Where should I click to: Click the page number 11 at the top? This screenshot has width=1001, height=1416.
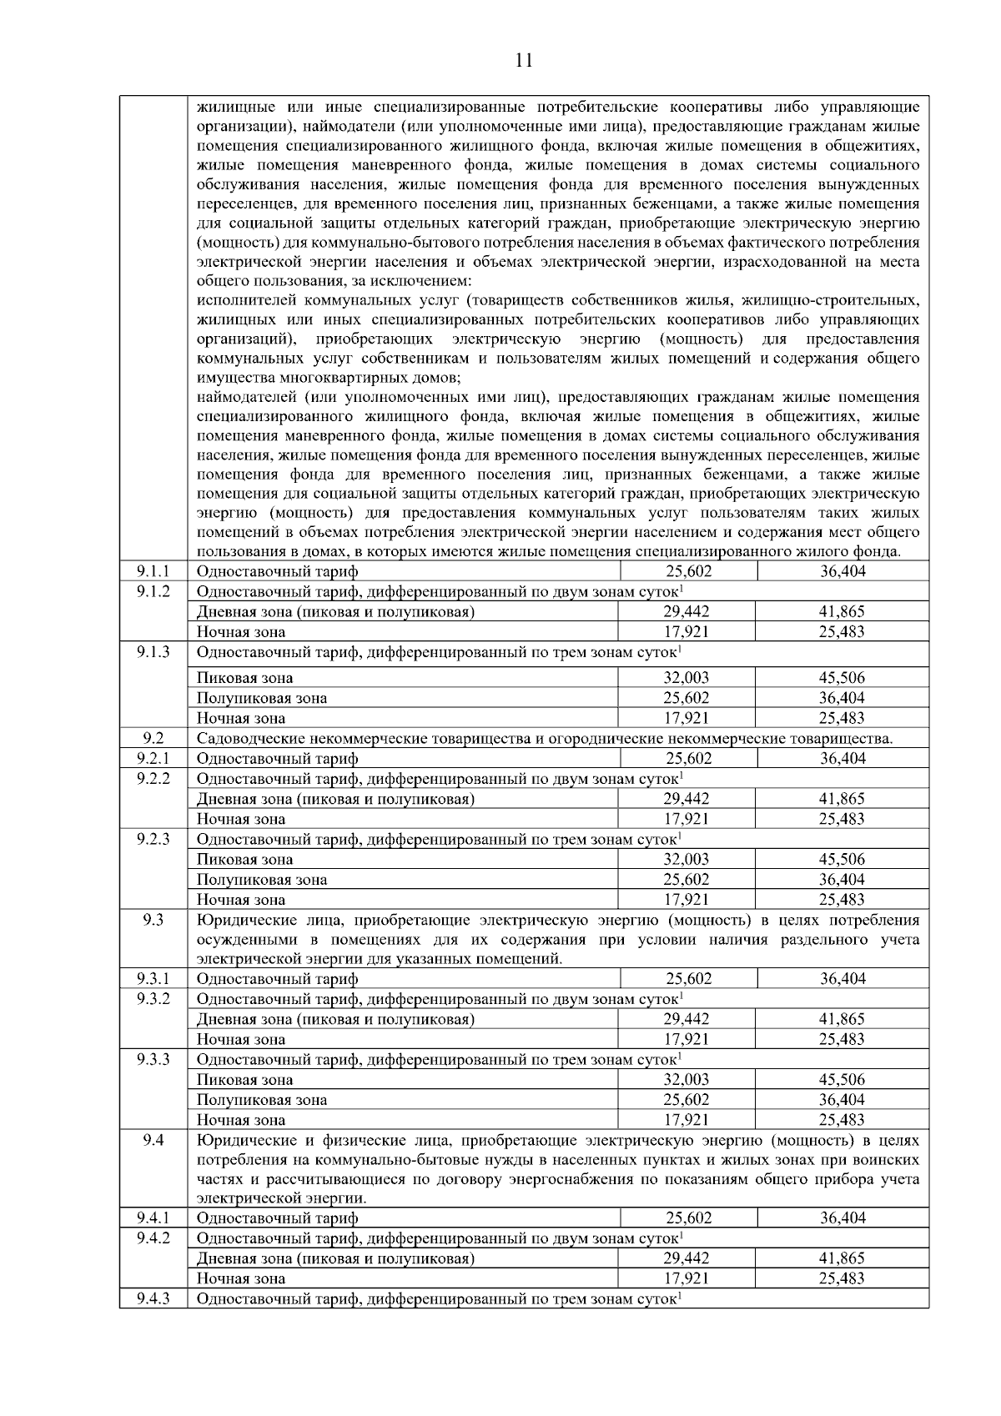click(524, 60)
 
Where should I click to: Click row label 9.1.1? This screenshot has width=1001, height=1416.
click(153, 571)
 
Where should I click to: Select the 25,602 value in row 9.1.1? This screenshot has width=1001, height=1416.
click(688, 571)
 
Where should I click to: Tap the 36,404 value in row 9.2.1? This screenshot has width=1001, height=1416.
click(843, 758)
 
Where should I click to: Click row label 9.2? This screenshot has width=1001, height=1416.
click(153, 737)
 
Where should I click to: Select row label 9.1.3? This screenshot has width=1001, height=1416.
click(153, 651)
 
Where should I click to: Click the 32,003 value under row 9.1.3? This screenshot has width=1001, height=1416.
click(686, 678)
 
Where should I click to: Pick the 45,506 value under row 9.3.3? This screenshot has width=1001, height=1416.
click(842, 1080)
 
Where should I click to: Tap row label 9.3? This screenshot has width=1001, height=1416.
click(153, 921)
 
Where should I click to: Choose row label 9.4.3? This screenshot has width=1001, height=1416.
click(153, 1298)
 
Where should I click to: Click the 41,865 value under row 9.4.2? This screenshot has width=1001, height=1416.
click(842, 1258)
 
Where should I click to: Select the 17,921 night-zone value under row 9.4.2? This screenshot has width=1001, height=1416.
click(686, 1278)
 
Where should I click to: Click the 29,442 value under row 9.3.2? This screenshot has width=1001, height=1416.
click(686, 1019)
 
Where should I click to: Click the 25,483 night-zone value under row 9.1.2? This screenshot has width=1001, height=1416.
click(842, 632)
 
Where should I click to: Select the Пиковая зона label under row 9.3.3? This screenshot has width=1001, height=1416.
click(244, 1080)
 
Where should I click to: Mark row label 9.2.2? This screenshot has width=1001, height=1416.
click(153, 778)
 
